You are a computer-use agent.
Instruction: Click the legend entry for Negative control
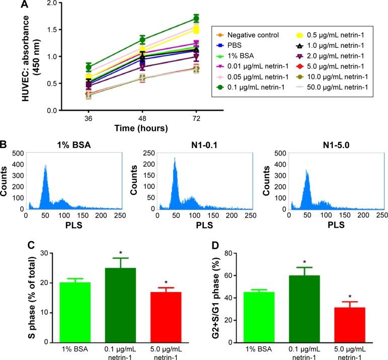[249, 35]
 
